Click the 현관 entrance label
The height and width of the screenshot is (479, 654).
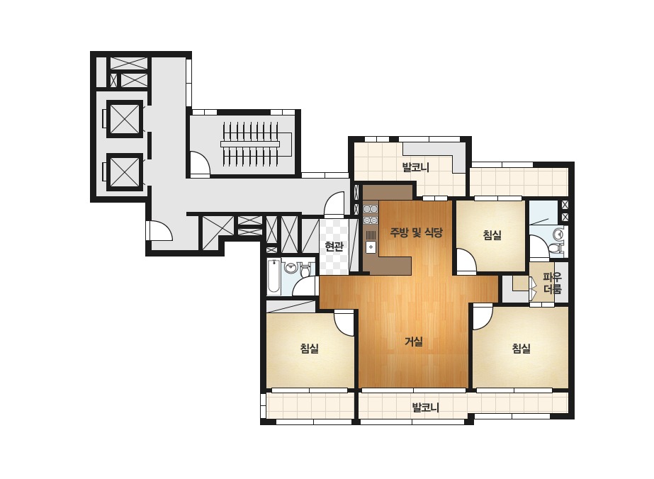coord(334,246)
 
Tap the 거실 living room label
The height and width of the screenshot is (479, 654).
coord(414,342)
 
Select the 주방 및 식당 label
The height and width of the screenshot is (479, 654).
coord(416,232)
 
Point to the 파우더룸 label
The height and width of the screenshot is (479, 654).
coord(552,283)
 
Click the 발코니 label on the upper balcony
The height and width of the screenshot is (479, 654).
coord(415,167)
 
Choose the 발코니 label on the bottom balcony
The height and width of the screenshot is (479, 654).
coord(426,407)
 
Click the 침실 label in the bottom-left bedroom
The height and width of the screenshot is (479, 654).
coord(310,348)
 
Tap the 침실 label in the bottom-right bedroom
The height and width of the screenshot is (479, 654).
coord(521,348)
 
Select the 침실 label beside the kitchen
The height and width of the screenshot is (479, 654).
coord(492,235)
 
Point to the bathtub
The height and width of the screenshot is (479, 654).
coord(274,276)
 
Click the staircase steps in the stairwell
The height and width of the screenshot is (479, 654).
coord(250,144)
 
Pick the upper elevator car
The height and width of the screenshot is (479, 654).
coord(125,118)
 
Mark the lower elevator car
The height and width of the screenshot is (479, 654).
coord(125,172)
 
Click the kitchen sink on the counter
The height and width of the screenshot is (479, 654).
coord(371,247)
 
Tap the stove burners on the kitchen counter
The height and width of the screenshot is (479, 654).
coord(371,214)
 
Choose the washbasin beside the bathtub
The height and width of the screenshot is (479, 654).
coord(291,267)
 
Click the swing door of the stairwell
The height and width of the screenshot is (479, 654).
coord(201,163)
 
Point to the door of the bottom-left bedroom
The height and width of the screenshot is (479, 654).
coord(344,322)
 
